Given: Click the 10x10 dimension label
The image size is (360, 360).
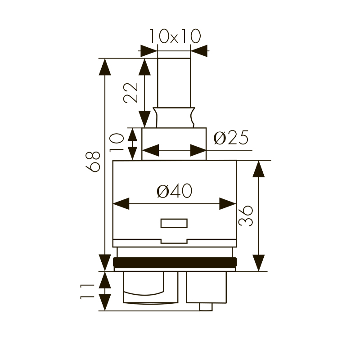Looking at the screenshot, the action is click(x=175, y=36).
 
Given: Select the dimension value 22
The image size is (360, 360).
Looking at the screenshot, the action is click(x=130, y=93).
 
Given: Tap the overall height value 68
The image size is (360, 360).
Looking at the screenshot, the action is click(x=93, y=162).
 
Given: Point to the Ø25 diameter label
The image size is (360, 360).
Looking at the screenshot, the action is click(x=231, y=138).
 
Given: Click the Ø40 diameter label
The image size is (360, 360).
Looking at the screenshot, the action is click(x=175, y=191).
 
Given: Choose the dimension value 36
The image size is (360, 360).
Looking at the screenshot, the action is click(x=246, y=216).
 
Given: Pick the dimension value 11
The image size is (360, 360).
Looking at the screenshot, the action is click(x=87, y=291).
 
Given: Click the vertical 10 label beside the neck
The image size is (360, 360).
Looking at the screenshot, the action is click(x=117, y=143).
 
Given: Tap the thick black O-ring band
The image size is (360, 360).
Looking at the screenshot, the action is click(x=175, y=262).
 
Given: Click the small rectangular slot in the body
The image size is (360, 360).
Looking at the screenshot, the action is click(x=174, y=223).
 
